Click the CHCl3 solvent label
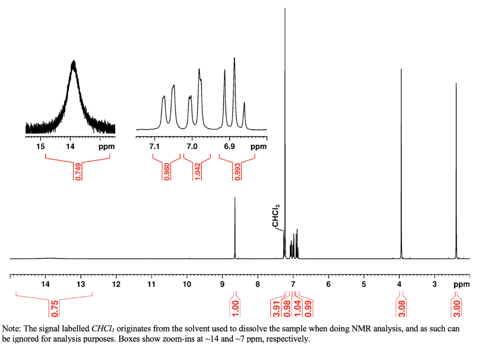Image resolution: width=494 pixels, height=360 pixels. click(275, 216)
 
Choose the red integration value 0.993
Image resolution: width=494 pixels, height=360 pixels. click(236, 171)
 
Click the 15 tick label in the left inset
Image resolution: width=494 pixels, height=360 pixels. click(41, 146)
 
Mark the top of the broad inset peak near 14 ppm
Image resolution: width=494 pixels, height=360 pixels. click(73, 62)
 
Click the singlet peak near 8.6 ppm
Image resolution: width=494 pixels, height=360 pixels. click(235, 198)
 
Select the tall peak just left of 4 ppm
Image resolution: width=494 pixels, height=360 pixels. click(401, 70)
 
